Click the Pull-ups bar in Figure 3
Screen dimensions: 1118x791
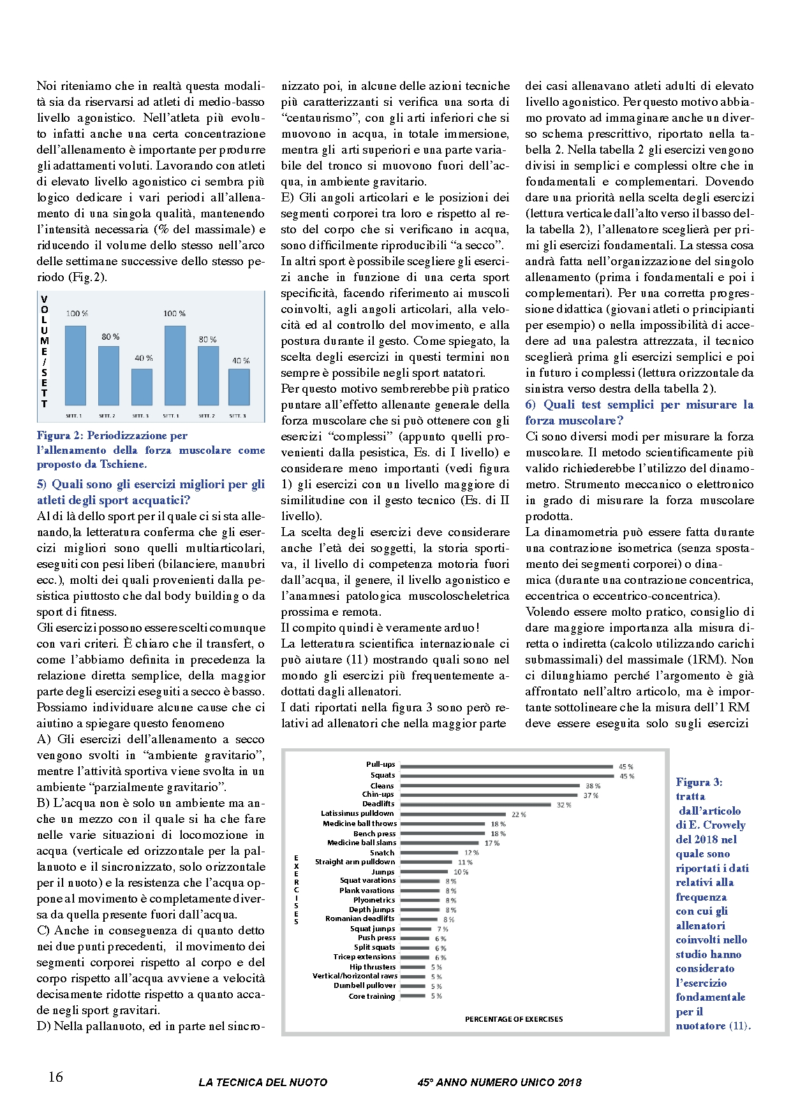coord(507,766)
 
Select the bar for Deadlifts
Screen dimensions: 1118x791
coord(476,804)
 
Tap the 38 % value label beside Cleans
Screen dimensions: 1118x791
coord(593,786)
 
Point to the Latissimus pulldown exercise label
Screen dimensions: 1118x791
coord(357,813)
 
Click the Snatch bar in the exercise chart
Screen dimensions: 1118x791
coord(429,852)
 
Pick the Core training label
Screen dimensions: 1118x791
coord(372,996)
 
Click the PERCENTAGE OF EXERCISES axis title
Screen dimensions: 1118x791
coord(514,1019)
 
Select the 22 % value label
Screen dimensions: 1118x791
coord(519,815)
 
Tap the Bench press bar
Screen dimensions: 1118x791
coord(443,833)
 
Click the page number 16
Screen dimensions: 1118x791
coord(55,1077)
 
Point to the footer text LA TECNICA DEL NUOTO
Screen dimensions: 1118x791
coord(263,1082)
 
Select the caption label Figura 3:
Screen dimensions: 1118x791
coord(699,782)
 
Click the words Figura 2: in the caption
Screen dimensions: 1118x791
coord(59,436)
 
